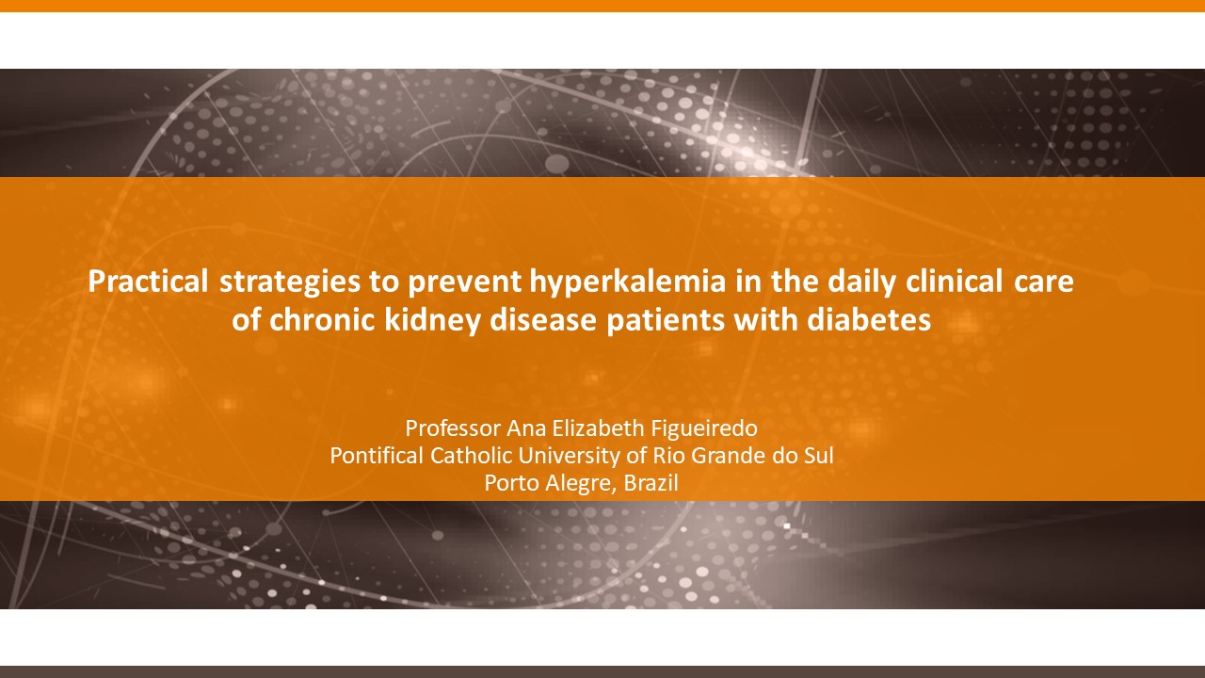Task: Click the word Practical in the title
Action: [148, 281]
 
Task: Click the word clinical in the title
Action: [955, 281]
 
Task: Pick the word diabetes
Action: [869, 319]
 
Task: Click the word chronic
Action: [322, 319]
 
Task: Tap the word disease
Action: [543, 319]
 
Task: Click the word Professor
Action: [453, 428]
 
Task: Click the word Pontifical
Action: [377, 456]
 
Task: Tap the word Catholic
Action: [471, 456]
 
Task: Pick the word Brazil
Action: [651, 483]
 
